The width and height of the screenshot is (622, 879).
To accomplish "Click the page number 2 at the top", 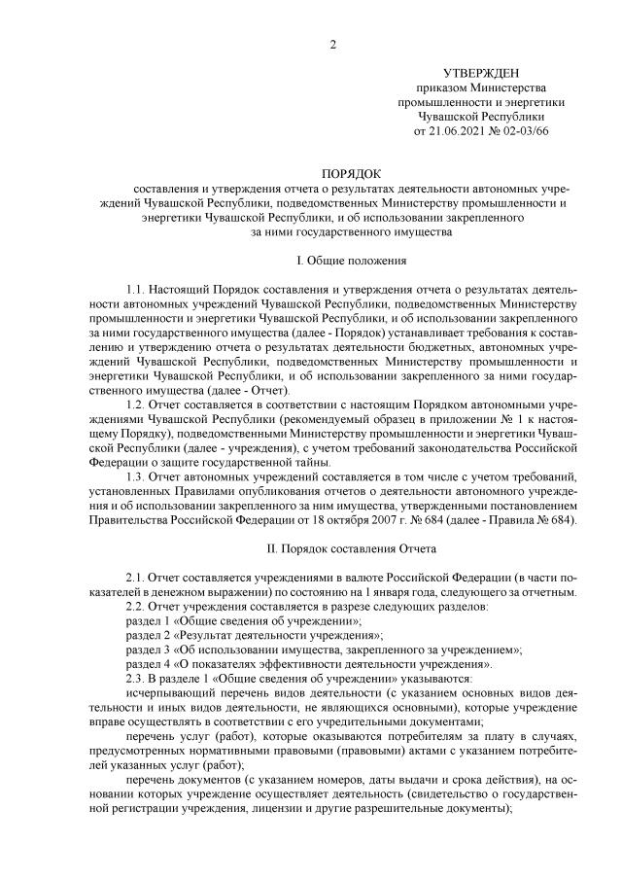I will pyautogui.click(x=332, y=44).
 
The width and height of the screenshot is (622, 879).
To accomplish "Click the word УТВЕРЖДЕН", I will pyautogui.click(x=481, y=74).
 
